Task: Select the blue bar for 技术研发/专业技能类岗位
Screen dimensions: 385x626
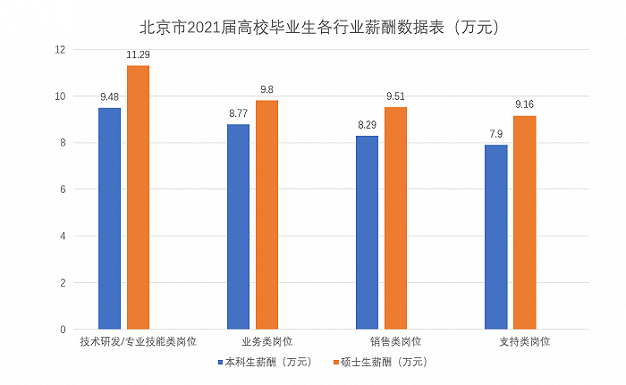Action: pos(109,218)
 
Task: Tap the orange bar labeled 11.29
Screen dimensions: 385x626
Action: pos(138,197)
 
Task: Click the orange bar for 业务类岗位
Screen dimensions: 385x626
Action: pos(266,214)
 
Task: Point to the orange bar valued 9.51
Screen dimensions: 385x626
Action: pos(395,218)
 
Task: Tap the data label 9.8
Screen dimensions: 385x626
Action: pos(266,90)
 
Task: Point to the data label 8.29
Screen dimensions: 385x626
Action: pos(367,126)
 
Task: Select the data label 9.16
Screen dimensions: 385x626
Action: pos(524,105)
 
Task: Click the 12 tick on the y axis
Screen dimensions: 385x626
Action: pos(60,50)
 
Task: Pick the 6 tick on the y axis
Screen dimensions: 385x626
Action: pos(63,189)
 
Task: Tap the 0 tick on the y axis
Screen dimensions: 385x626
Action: pos(63,330)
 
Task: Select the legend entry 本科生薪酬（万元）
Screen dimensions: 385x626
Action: pos(265,362)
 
